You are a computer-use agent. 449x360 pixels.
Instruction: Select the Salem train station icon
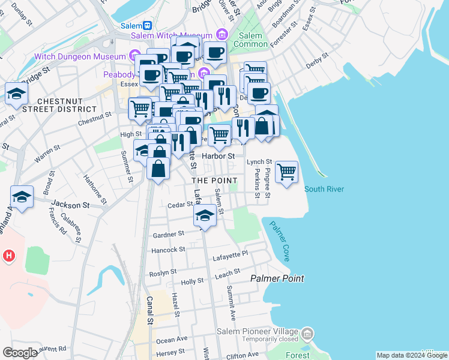click(148, 25)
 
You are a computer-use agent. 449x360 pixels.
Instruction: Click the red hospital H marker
click(8, 256)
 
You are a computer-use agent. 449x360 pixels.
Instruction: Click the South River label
click(324, 189)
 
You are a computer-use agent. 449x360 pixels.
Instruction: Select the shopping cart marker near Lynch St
click(287, 172)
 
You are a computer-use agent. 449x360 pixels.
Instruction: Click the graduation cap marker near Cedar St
click(205, 215)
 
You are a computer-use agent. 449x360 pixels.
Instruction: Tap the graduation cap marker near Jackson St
click(22, 197)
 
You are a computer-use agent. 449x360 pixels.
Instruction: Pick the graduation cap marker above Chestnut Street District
click(17, 94)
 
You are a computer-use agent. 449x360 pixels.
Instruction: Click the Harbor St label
click(218, 156)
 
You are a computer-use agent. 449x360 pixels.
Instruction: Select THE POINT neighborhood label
click(214, 180)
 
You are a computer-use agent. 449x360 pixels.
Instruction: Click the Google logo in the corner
click(20, 353)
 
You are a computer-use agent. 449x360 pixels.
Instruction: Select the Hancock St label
click(168, 250)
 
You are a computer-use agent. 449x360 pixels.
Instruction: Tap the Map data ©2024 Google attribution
click(412, 355)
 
